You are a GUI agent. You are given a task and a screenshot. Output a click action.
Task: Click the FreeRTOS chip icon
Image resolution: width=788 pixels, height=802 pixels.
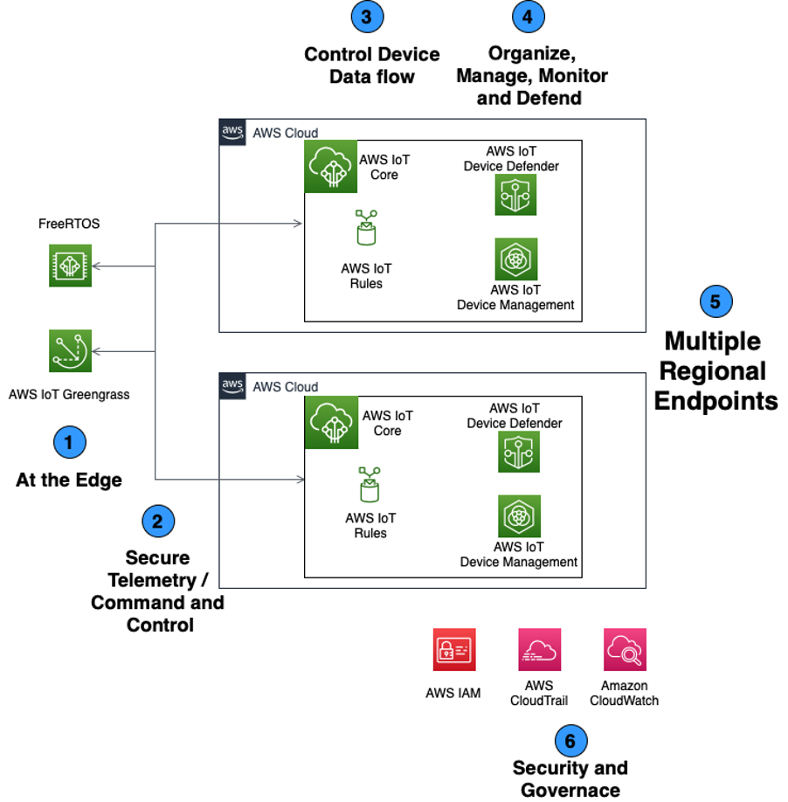70,266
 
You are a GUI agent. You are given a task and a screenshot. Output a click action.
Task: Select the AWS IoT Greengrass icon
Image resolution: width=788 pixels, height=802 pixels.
70,351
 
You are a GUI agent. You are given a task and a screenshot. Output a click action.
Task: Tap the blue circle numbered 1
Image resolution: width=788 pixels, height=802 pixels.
70,442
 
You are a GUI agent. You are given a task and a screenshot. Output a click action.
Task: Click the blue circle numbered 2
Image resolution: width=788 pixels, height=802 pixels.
158,522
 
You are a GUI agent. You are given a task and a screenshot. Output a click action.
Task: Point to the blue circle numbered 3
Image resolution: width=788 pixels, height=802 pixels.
367,16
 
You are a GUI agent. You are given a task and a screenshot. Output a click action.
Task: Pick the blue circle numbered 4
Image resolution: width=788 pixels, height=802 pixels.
528,16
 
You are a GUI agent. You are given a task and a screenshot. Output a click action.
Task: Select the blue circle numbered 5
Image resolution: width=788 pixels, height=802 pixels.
715,301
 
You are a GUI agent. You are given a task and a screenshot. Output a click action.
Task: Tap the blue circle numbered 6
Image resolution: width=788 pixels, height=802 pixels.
570,742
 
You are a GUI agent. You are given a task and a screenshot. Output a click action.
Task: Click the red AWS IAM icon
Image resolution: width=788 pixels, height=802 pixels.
453,650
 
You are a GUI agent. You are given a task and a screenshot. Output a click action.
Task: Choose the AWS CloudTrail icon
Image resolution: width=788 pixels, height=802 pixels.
539,650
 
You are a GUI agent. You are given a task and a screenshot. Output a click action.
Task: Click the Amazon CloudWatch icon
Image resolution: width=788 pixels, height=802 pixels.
625,650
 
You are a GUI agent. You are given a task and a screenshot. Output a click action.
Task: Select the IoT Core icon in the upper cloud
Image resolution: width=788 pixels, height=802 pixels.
330,166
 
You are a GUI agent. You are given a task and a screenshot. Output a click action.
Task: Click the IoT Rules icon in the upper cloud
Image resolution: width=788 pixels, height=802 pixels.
366,231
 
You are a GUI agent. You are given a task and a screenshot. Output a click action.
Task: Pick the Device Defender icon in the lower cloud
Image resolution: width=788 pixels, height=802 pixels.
518,451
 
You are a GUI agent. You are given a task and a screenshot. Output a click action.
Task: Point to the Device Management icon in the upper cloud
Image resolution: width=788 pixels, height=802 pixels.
515,259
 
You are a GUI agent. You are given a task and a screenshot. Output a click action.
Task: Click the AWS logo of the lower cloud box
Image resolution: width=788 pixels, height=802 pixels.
232,385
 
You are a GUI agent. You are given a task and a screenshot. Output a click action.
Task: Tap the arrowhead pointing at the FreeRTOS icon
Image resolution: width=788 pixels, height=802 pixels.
96,266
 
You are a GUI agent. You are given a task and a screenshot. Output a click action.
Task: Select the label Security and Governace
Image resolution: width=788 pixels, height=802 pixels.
570,778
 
